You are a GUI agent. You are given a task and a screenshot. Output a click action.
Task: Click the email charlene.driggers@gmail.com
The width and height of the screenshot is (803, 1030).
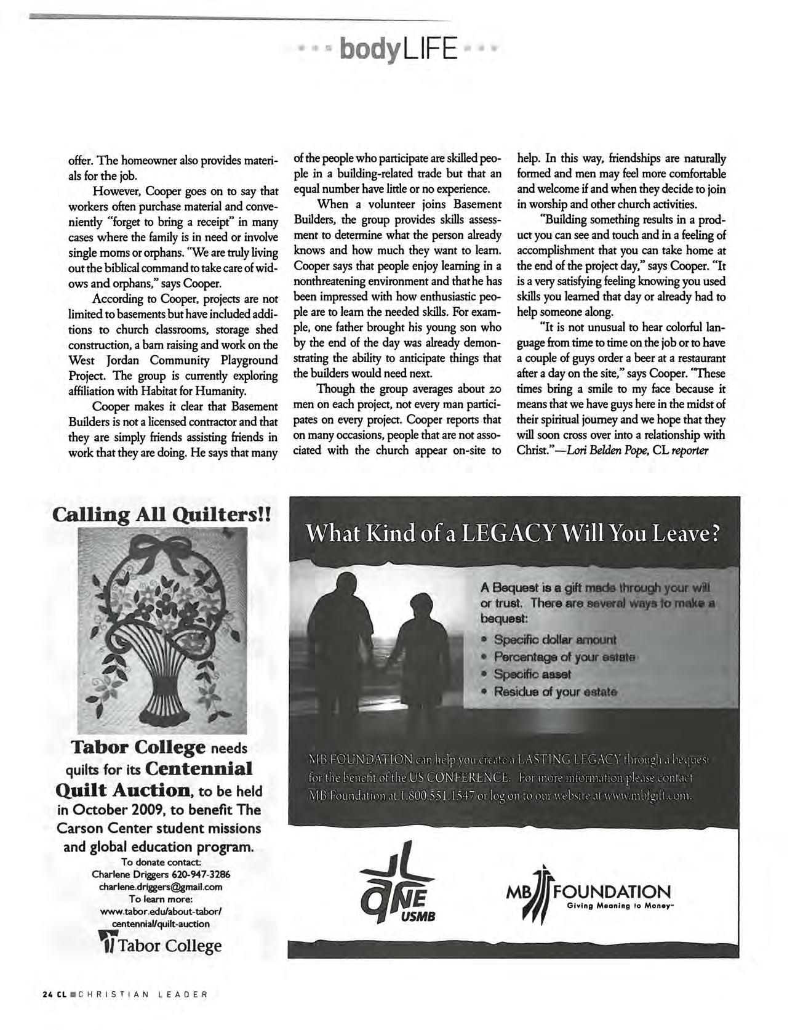[161, 887]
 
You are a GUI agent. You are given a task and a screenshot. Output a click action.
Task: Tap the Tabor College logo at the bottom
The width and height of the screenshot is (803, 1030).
[161, 945]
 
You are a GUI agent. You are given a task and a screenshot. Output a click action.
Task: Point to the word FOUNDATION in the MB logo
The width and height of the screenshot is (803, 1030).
[613, 892]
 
